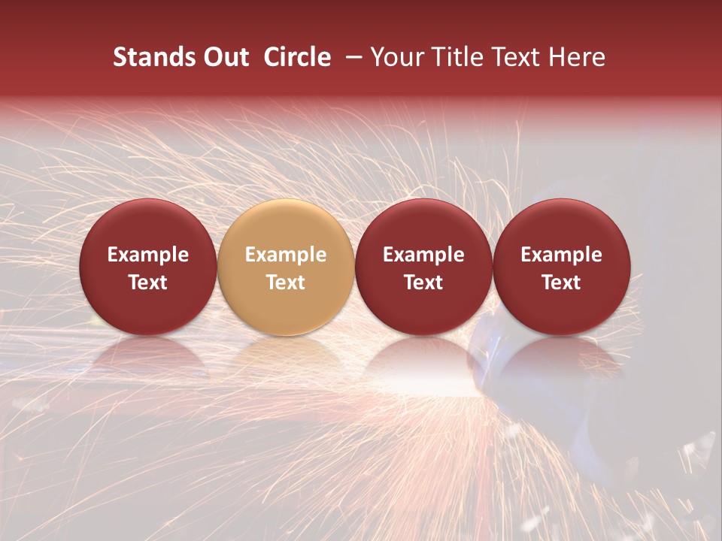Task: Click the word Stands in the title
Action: tap(154, 57)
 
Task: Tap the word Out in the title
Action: tap(225, 57)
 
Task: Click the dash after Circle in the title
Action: tap(353, 57)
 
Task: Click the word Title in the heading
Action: tap(458, 57)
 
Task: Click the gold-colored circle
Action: tap(286, 267)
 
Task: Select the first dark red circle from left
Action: tap(147, 267)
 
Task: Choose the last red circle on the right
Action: tap(561, 267)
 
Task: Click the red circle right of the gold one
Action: tap(423, 267)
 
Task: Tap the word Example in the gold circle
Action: tap(286, 255)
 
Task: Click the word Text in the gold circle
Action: tap(286, 283)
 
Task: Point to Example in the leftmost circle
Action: tap(147, 255)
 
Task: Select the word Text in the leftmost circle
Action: tap(147, 283)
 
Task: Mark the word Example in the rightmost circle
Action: tap(561, 255)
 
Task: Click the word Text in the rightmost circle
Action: tap(561, 283)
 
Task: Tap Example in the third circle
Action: tap(423, 255)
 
